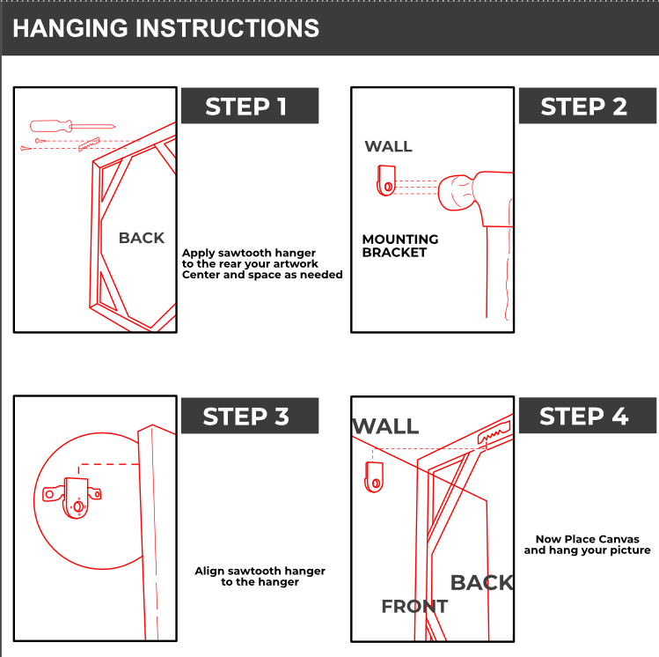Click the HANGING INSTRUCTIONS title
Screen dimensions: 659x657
tap(165, 28)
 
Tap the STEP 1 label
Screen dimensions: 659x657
tap(246, 107)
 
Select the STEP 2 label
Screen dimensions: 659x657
tap(583, 107)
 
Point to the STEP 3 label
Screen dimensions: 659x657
tap(246, 417)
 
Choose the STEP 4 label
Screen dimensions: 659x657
tap(583, 417)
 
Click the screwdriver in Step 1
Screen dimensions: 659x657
tap(72, 125)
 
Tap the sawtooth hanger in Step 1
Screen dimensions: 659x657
tap(89, 144)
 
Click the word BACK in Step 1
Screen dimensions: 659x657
tap(142, 238)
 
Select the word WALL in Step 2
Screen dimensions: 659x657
tap(388, 146)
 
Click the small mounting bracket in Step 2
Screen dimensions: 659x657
tap(386, 181)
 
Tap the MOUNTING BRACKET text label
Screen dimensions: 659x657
tap(400, 246)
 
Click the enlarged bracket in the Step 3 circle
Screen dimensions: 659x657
tap(72, 498)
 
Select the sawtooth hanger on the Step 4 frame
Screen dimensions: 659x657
tap(494, 432)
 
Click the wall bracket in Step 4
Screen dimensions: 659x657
tap(374, 477)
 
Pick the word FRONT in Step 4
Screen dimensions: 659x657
tap(414, 607)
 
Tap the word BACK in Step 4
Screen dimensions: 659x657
tap(482, 583)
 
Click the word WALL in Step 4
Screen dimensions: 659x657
tap(385, 426)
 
